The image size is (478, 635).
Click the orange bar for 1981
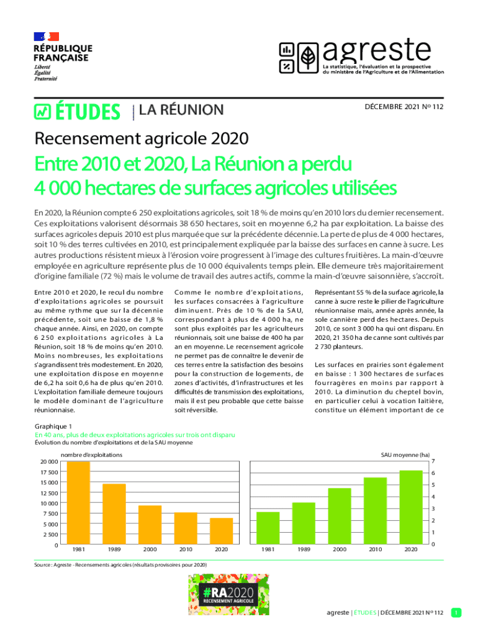tap(79, 504)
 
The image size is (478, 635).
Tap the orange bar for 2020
tap(220, 531)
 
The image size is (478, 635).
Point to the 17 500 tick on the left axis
tap(49, 472)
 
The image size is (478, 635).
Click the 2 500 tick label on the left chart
tap(51, 535)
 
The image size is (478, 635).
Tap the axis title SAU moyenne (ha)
tap(405, 455)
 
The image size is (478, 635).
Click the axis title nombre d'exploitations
tap(91, 455)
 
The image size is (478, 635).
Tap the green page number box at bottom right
tap(456, 613)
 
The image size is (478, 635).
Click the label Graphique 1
tap(54, 427)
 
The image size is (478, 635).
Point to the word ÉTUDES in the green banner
tap(88, 112)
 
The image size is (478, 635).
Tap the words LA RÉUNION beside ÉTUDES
tap(181, 110)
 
